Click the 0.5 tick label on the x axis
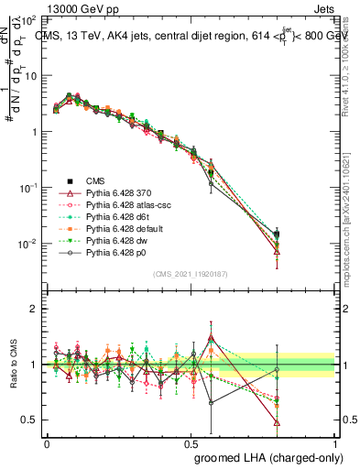191,442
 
